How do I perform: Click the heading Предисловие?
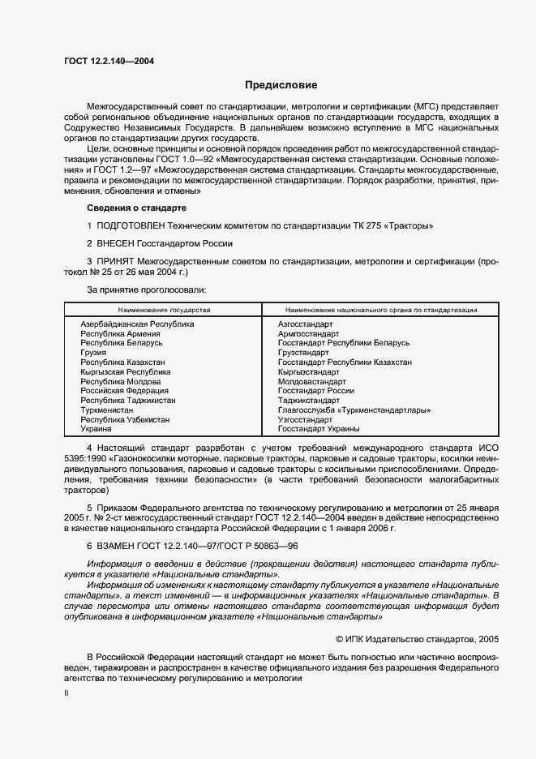tap(281, 85)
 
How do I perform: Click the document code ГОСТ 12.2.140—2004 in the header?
tap(109, 62)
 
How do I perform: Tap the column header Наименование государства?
tap(164, 310)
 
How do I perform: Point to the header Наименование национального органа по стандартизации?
tap(381, 310)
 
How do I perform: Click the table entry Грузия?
tap(92, 353)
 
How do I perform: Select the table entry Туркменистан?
tap(106, 410)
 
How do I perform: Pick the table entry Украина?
tap(96, 428)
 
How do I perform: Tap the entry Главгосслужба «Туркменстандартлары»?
tap(354, 410)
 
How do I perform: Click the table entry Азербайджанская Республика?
tap(137, 324)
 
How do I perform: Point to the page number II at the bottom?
tap(67, 694)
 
